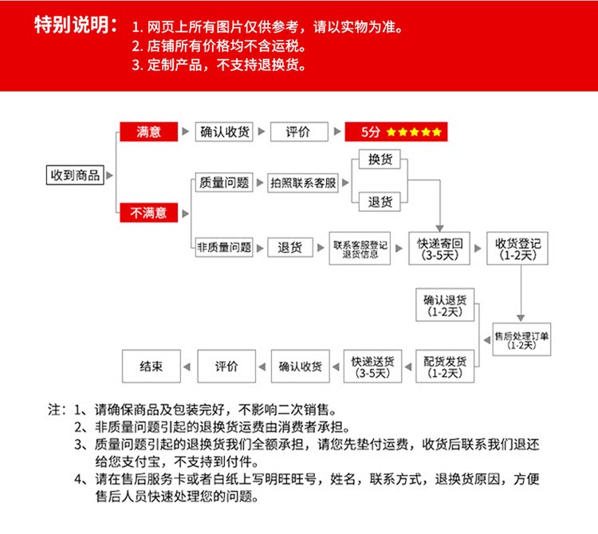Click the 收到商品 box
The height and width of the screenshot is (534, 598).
tap(76, 175)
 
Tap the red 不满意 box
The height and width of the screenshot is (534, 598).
tap(148, 213)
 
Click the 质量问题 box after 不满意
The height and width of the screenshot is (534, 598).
tap(224, 183)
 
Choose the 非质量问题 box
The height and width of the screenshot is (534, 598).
tap(224, 248)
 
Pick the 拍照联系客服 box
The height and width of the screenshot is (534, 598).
tap(303, 183)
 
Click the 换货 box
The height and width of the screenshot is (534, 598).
tap(380, 159)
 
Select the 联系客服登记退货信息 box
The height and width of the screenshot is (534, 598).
tap(360, 249)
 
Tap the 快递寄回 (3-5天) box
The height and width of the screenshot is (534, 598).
tap(440, 249)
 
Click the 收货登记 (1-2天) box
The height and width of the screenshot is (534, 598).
tap(518, 249)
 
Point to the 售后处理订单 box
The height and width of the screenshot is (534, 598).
tap(522, 340)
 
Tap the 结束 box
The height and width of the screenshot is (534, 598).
tap(151, 367)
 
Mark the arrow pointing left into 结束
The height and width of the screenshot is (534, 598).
tap(187, 367)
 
